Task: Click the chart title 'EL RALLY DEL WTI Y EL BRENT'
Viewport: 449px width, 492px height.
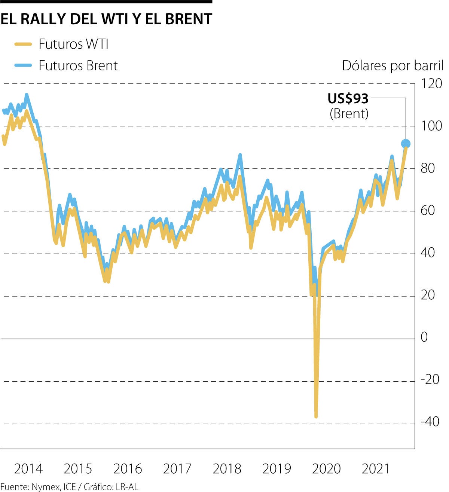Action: coord(106,19)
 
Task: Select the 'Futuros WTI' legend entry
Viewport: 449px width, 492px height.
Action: coord(73,44)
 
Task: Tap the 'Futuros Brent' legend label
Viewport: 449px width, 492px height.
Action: coord(78,66)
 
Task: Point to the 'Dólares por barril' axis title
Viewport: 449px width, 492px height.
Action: coord(393,66)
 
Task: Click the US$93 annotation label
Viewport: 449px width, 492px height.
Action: coord(348,98)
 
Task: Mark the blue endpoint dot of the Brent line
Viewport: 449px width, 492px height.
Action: coord(406,143)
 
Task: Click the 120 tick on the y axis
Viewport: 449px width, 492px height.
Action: coord(431,83)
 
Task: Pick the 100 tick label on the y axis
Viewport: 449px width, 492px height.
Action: coord(431,126)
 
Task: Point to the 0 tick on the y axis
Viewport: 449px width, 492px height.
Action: coord(424,337)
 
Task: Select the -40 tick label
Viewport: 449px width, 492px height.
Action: coord(430,422)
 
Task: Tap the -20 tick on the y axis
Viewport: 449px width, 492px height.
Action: coord(430,380)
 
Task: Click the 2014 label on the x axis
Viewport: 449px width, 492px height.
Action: coord(28,469)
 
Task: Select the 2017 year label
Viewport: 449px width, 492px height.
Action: coord(177,469)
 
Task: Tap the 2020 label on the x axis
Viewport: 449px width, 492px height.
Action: coord(326,469)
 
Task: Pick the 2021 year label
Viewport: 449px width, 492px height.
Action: coord(376,469)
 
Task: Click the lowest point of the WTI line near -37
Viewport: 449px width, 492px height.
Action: coord(316,416)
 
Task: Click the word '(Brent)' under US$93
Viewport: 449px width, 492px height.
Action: coord(349,113)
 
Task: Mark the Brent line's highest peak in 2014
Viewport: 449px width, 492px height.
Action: coord(26,95)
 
